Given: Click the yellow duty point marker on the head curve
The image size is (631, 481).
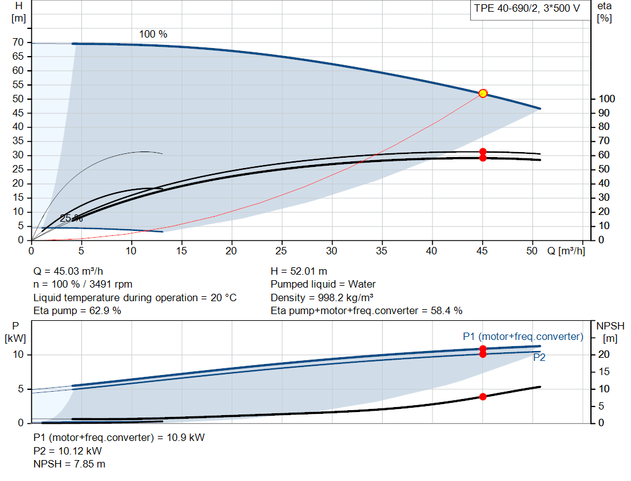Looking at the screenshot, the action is pos(482,94).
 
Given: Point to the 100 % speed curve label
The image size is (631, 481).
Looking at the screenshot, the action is pos(153,34).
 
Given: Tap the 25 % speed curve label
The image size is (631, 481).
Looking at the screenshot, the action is pos(71,219).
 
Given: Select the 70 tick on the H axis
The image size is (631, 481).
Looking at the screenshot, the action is pos(18,42).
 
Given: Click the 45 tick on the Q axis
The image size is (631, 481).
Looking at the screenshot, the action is pos(482,251).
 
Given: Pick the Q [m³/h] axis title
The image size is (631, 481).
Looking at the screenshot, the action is pos(566,251).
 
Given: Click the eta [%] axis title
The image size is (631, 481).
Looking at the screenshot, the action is pos(605,12).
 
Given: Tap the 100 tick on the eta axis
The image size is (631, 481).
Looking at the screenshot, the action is pos(606,99).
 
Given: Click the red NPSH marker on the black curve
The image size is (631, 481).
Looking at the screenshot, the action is pos(483,397).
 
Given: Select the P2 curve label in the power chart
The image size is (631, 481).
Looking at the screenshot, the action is pos(539,358).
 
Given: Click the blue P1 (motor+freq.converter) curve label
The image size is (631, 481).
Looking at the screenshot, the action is pos(523,337).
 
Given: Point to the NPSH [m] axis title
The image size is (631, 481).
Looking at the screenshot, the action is pos(610,332).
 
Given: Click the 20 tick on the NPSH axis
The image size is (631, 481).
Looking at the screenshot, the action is pos(604,354).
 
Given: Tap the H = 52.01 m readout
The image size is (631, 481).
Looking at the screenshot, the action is pos(299,272).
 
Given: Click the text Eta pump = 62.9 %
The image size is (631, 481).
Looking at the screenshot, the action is pos(77,311).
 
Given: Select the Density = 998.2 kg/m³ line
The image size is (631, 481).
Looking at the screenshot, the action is pos(322,297).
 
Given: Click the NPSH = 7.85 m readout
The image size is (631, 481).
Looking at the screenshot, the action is pos(69,464).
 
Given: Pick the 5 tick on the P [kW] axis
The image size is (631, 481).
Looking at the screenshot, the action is pos(21,389).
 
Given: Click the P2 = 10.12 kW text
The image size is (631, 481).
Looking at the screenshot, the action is pos(68,451).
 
